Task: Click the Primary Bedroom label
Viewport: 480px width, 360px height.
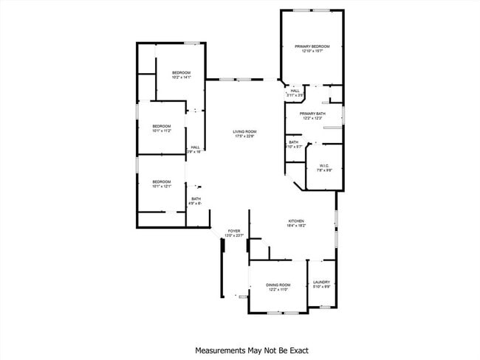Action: pos(312,46)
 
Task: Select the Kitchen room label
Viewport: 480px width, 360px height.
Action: pos(296,221)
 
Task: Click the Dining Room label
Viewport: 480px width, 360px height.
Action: pos(278,285)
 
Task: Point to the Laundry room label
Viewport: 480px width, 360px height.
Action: pos(321,282)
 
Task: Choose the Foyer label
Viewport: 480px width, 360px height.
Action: pos(234,231)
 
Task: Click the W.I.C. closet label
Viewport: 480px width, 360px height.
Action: pos(324,165)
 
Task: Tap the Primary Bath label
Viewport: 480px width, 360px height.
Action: pos(312,114)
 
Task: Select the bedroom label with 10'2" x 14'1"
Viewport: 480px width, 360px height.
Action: pos(182,72)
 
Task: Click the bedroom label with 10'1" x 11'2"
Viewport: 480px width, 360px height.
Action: pos(162,126)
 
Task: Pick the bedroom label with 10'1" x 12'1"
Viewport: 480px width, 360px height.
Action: pos(162,181)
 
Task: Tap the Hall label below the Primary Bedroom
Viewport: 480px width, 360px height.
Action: pos(295,91)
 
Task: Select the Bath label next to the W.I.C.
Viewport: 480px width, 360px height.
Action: pos(294,142)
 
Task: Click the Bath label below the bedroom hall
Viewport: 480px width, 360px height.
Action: pos(196,198)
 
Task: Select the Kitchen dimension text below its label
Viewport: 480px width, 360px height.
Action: pos(296,226)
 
